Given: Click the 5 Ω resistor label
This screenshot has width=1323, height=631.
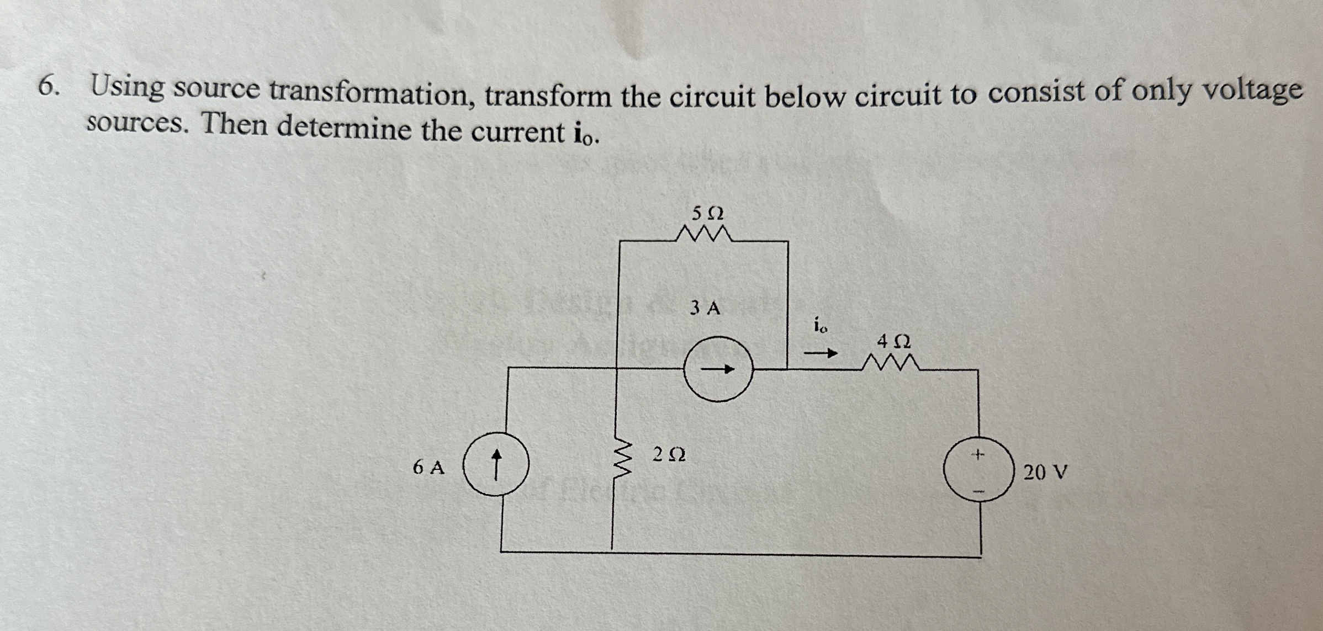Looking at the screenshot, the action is pyautogui.click(x=707, y=213).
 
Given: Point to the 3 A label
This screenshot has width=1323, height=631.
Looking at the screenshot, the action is pyautogui.click(x=705, y=308).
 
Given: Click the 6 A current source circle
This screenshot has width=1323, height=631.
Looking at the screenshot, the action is pyautogui.click(x=496, y=464).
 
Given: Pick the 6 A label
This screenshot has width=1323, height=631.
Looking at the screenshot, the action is pyautogui.click(x=428, y=468).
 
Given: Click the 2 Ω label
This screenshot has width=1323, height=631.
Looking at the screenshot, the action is pyautogui.click(x=669, y=455).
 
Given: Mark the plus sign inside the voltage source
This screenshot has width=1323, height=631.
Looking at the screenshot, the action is pyautogui.click(x=977, y=455).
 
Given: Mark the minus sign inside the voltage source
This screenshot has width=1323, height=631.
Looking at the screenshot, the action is pyautogui.click(x=978, y=491).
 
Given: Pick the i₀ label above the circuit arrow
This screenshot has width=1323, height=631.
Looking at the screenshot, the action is pyautogui.click(x=821, y=327).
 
